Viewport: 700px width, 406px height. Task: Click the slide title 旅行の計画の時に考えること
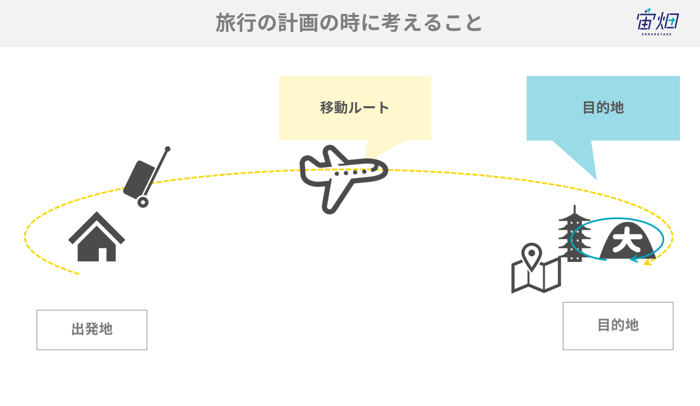click(349, 23)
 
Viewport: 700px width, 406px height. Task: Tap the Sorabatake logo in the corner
click(658, 21)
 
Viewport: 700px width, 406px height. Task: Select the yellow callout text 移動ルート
click(355, 108)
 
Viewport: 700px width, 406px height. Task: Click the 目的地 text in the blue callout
click(603, 108)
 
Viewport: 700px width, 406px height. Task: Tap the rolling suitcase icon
click(147, 177)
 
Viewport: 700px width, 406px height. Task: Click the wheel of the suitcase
click(143, 203)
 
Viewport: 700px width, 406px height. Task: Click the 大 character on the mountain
click(627, 240)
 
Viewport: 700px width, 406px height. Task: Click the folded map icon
click(536, 275)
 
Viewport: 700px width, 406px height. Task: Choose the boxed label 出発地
click(92, 330)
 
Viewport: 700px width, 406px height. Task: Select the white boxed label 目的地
click(618, 326)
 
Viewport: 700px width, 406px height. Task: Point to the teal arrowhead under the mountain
click(634, 259)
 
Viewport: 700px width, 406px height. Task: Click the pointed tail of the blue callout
click(596, 179)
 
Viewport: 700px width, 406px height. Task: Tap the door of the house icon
click(103, 255)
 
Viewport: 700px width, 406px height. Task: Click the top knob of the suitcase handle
click(168, 149)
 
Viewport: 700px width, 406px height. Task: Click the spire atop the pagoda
click(574, 210)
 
